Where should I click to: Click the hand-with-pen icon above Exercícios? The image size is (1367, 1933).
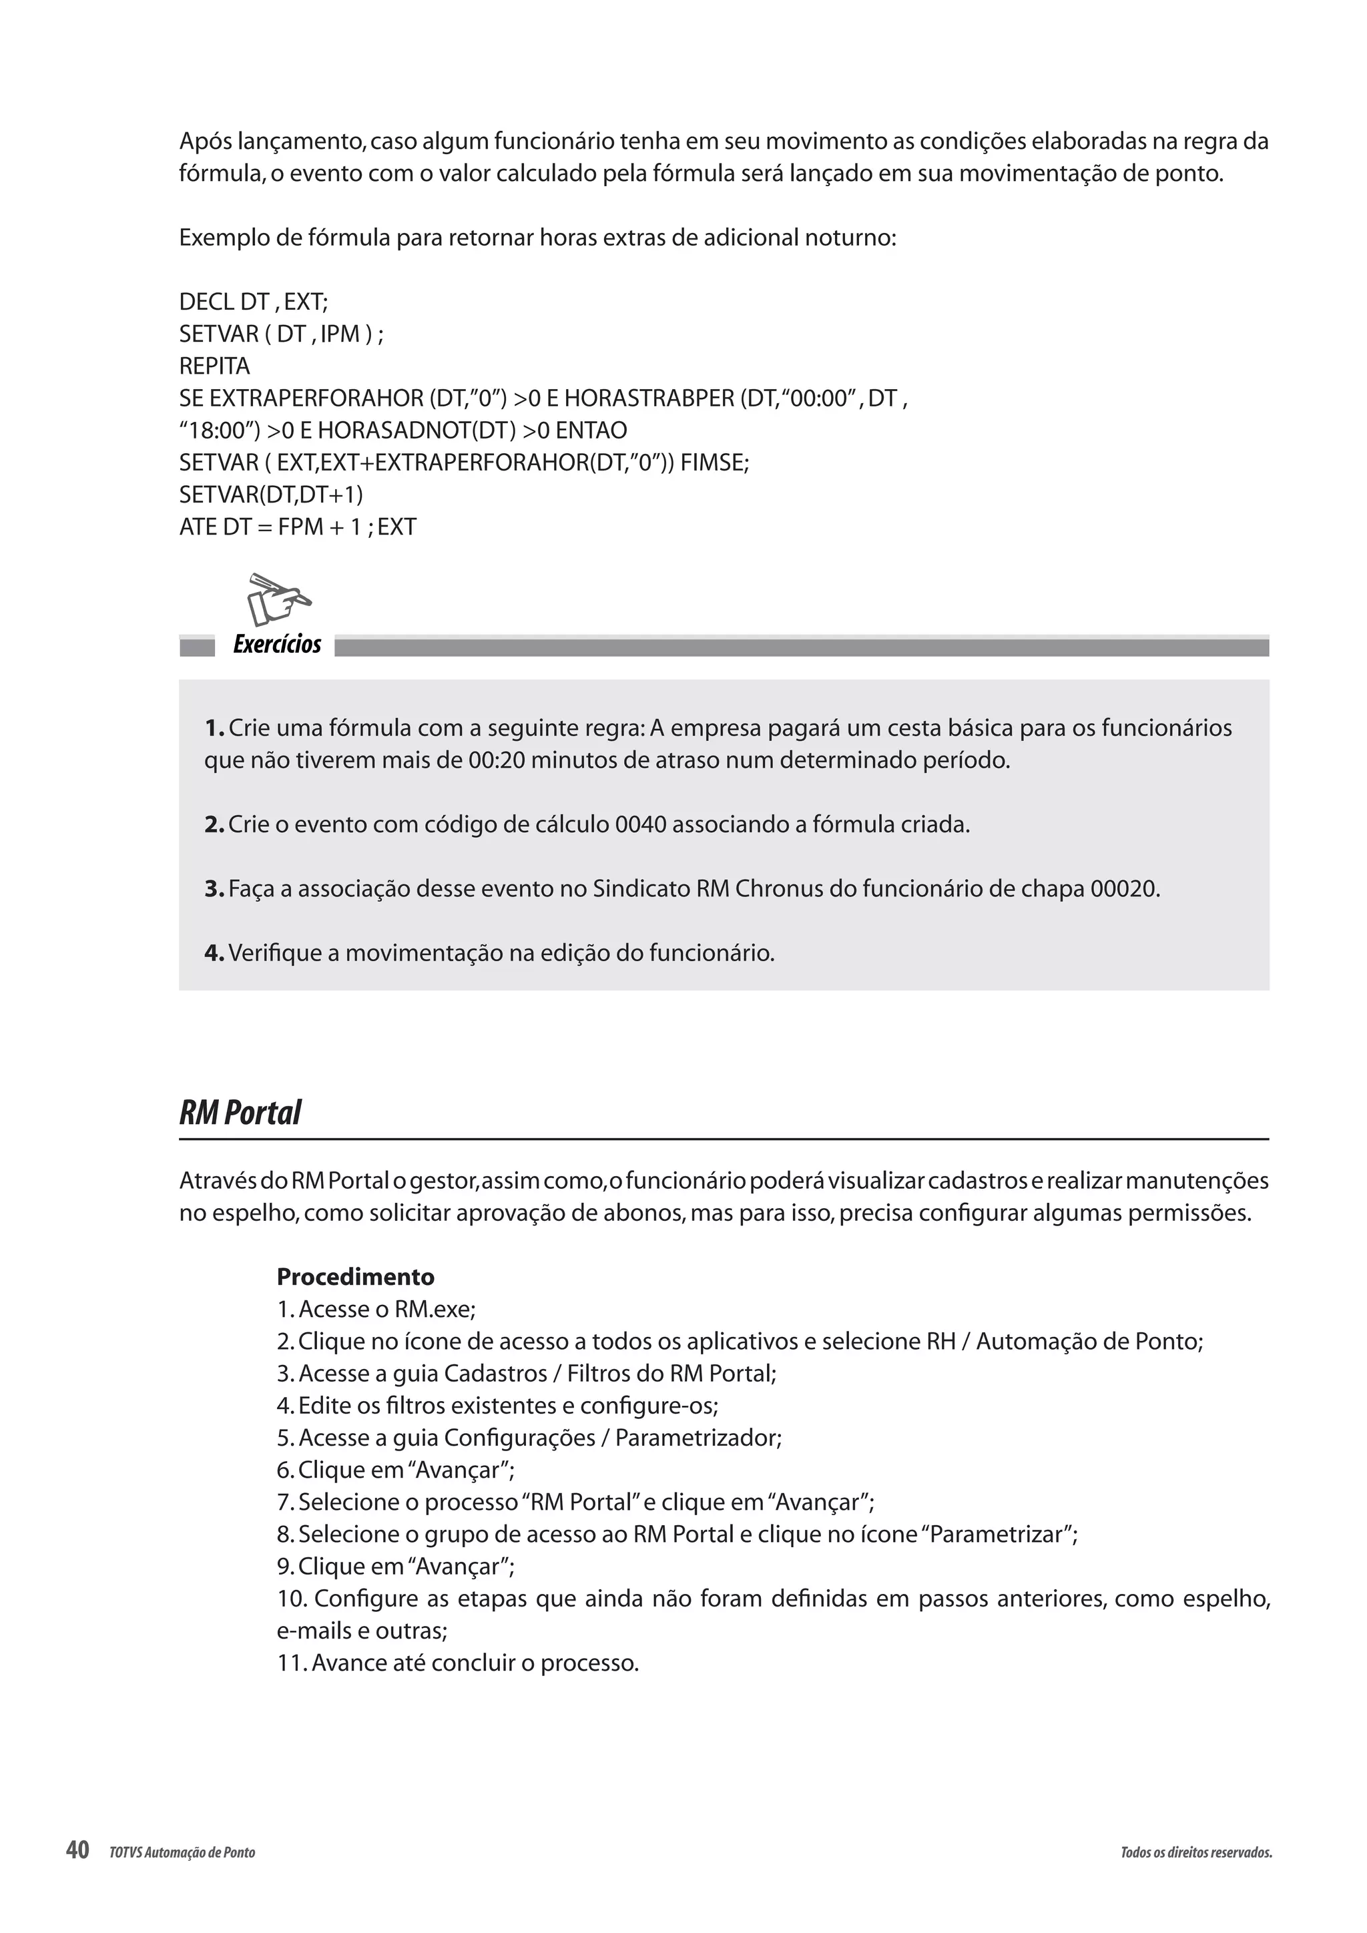point(278,599)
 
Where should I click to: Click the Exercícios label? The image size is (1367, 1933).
point(277,645)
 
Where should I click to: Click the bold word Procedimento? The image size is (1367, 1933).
point(355,1277)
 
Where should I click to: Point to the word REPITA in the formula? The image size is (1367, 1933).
point(215,366)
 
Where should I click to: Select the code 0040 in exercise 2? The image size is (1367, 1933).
point(641,824)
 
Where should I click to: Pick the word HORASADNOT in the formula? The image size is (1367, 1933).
point(394,431)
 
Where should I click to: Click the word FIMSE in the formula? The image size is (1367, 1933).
point(714,462)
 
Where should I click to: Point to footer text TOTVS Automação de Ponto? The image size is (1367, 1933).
point(182,1853)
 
